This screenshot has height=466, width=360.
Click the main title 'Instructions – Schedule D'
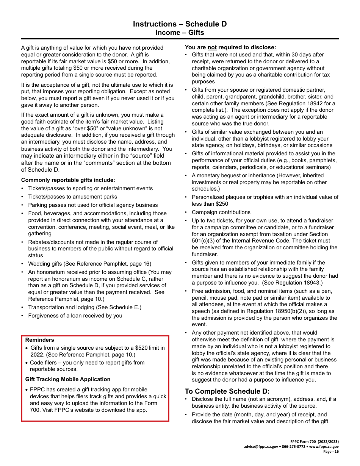[180, 24]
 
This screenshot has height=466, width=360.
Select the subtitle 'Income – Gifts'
[180, 33]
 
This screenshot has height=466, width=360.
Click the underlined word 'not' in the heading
[212, 47]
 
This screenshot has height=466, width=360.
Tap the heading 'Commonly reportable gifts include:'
[68, 180]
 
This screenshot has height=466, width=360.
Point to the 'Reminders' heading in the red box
[40, 340]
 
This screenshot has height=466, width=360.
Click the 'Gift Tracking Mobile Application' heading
[68, 379]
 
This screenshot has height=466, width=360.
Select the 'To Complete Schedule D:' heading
[227, 391]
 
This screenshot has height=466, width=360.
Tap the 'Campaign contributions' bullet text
[221, 212]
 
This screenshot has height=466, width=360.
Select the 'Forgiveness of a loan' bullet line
[75, 316]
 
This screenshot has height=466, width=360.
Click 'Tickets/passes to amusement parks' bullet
[72, 197]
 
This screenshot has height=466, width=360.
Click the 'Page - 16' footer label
[331, 451]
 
